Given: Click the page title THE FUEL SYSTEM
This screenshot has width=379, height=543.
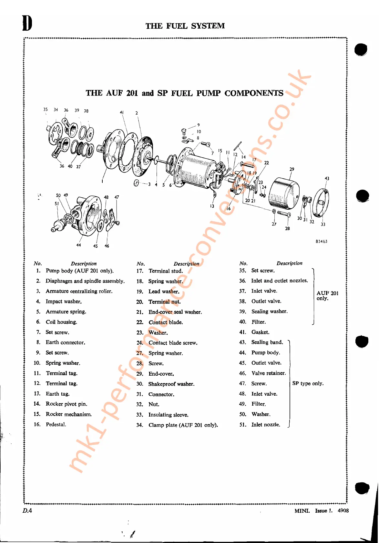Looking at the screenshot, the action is [185, 26].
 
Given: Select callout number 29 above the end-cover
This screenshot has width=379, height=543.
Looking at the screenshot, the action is [292, 169].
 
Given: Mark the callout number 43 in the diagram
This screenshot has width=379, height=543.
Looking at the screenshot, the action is [327, 178].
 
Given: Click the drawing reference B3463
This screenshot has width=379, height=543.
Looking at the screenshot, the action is [322, 241].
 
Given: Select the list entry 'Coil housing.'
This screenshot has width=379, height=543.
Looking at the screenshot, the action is [61, 322].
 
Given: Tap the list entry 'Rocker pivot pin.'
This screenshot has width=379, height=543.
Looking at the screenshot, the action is [67, 404].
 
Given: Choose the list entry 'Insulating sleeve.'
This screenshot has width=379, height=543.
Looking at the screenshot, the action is [168, 415].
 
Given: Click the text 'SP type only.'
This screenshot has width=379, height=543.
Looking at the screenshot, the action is [308, 383].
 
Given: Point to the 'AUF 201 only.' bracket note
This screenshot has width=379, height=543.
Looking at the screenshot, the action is [327, 295].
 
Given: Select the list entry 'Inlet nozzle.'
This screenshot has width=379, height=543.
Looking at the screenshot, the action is [266, 425].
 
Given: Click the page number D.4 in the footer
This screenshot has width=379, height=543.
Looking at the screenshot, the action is [27, 510].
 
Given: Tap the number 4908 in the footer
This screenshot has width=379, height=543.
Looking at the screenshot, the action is [343, 510].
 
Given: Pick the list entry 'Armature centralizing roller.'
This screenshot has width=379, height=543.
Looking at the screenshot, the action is [79, 291].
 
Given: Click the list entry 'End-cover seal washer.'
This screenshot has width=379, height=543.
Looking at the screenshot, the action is [175, 312].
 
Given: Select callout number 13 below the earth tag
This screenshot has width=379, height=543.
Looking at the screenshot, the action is [212, 206].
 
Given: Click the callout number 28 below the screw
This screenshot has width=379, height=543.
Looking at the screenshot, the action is [287, 229].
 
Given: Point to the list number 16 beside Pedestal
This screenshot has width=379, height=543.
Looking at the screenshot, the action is [37, 424].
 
